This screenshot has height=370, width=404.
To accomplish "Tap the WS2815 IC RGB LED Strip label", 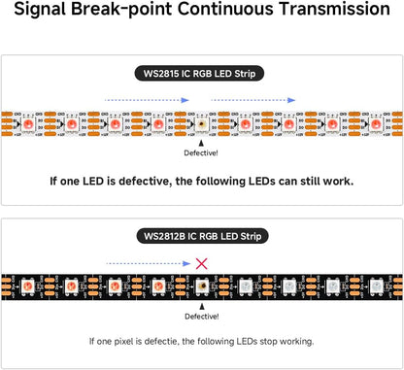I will coord(201,73).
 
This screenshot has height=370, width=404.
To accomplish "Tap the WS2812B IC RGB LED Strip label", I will coord(201,236).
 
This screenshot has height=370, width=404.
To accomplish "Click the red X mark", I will coord(200,262).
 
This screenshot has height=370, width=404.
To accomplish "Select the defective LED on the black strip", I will coord(201,287).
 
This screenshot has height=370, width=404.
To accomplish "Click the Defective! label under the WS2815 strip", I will coord(201,153).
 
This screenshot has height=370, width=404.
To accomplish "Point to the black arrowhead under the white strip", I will coord(201,141).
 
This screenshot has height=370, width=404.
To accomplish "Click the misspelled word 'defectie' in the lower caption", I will coord(160,341).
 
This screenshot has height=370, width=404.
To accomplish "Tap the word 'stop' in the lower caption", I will coord(273,341).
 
